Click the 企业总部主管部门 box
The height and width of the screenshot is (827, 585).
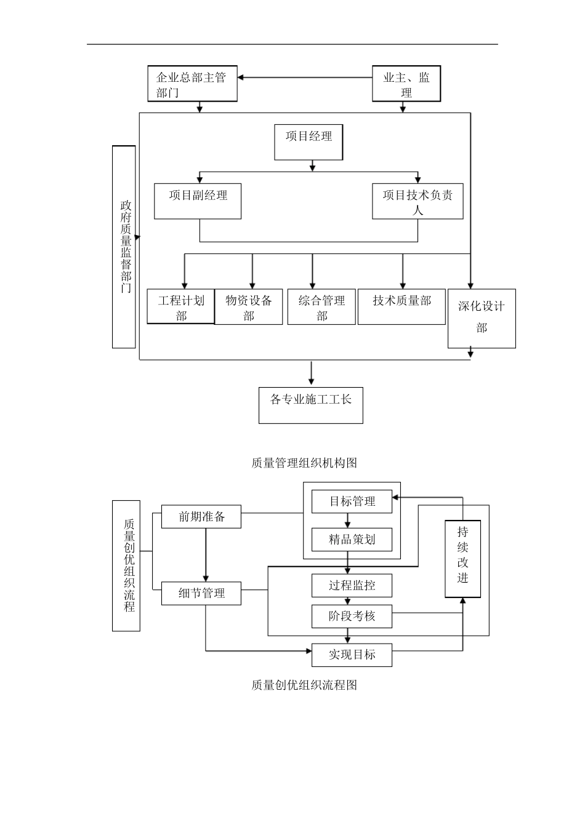pyautogui.click(x=192, y=84)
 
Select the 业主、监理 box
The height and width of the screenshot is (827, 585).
pyautogui.click(x=406, y=84)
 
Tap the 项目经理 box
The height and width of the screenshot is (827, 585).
pyautogui.click(x=309, y=142)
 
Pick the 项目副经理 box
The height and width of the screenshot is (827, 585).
pyautogui.click(x=198, y=201)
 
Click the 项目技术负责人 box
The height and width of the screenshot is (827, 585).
pyautogui.click(x=418, y=201)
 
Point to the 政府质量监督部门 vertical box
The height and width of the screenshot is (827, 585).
pyautogui.click(x=124, y=247)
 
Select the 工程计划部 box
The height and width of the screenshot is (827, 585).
pyautogui.click(x=180, y=306)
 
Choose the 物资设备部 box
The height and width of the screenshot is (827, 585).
pyautogui.click(x=249, y=306)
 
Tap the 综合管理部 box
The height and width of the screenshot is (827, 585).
pyautogui.click(x=321, y=306)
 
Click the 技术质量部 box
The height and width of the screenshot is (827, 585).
pyautogui.click(x=401, y=306)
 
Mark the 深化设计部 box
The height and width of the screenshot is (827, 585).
pyautogui.click(x=482, y=318)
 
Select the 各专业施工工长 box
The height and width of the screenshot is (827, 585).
pyautogui.click(x=311, y=405)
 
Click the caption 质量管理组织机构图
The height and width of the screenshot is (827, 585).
pyautogui.click(x=304, y=463)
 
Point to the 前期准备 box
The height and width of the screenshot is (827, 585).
pyautogui.click(x=201, y=517)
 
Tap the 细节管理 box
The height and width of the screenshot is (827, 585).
pyautogui.click(x=201, y=593)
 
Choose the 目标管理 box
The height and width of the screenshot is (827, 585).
pyautogui.click(x=352, y=501)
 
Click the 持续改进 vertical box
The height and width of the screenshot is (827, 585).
pyautogui.click(x=462, y=559)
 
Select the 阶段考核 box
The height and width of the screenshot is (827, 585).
pyautogui.click(x=352, y=616)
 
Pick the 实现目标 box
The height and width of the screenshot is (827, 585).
pyautogui.click(x=352, y=655)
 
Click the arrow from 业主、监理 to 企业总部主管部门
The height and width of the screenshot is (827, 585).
pyautogui.click(x=305, y=78)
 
